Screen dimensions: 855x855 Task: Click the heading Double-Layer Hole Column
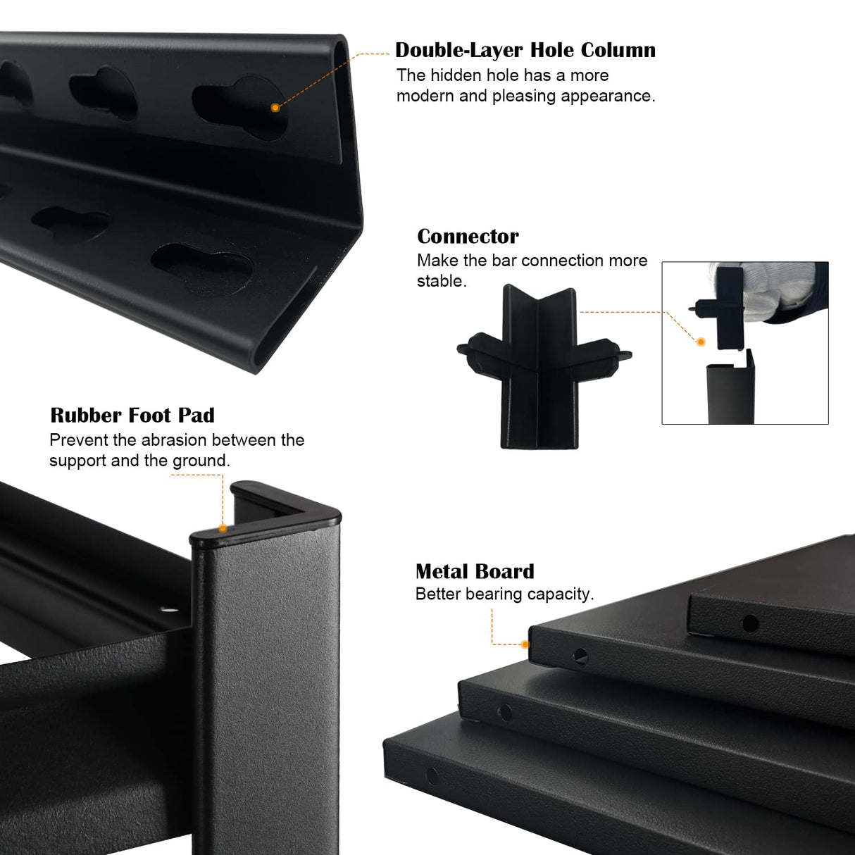[525, 50]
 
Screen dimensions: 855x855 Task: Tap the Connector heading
[468, 237]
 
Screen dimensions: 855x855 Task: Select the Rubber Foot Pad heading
[132, 416]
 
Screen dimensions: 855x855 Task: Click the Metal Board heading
[475, 571]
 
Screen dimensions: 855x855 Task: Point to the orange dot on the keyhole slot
[275, 107]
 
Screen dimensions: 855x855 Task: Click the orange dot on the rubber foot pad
[223, 528]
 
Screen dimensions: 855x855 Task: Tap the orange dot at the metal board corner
[525, 644]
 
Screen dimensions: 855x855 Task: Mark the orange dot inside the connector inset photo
[701, 342]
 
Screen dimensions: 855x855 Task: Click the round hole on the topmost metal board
[750, 624]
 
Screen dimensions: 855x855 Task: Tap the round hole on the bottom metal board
[432, 775]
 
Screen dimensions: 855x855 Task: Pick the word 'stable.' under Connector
[442, 281]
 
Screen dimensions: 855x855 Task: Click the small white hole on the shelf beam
[168, 610]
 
